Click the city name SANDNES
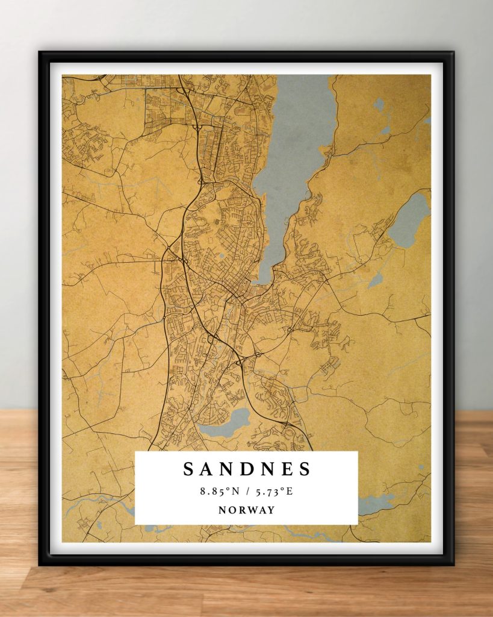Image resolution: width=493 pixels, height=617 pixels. (x=247, y=469)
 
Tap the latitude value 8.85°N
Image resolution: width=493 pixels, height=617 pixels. (x=220, y=492)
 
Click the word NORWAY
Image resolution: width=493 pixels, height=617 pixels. (x=247, y=510)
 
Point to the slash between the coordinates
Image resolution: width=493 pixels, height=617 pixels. (x=247, y=492)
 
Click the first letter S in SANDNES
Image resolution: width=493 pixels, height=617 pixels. (x=188, y=469)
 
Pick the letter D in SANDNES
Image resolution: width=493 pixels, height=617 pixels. (x=247, y=469)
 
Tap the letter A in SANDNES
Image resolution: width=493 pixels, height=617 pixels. (x=207, y=469)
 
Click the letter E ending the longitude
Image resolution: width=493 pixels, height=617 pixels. (x=290, y=492)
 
